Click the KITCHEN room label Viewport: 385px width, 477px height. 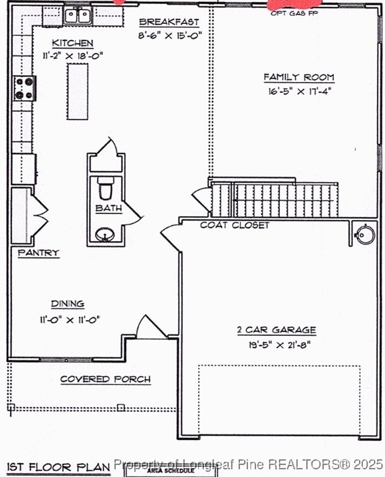pyautogui.click(x=72, y=43)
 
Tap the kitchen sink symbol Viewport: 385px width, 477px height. pyautogui.click(x=78, y=16)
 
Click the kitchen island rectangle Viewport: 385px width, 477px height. pyautogui.click(x=78, y=91)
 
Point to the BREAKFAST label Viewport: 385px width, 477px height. pyautogui.click(x=169, y=22)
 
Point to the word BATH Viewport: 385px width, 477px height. pyautogui.click(x=108, y=208)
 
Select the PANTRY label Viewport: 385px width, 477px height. pyautogui.click(x=39, y=253)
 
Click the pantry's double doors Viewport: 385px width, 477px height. pyautogui.click(x=39, y=216)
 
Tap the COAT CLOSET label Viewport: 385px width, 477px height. pyautogui.click(x=235, y=225)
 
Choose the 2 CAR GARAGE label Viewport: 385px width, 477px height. pyautogui.click(x=276, y=330)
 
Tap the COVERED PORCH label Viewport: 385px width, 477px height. pyautogui.click(x=105, y=379)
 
